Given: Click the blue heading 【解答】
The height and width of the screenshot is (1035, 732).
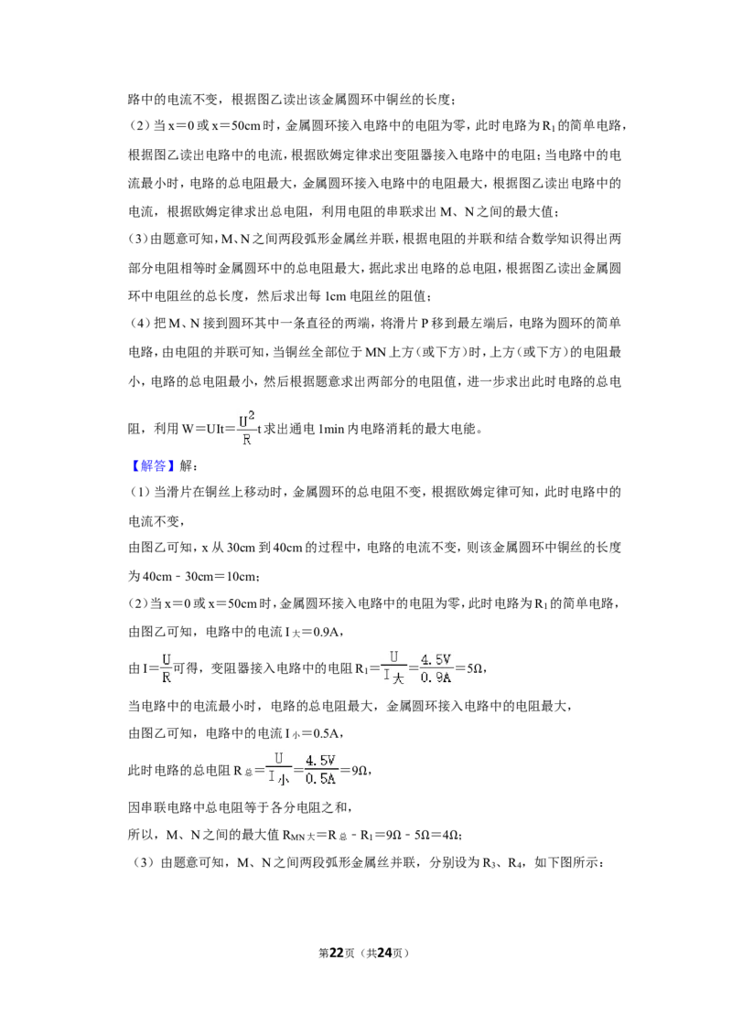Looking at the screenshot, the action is (x=151, y=465).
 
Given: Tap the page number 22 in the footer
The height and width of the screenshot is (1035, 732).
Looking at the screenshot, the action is (x=337, y=953).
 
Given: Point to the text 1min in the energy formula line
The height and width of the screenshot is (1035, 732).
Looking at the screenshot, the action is (x=331, y=429).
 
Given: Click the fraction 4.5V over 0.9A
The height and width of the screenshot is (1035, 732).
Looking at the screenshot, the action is (x=436, y=668).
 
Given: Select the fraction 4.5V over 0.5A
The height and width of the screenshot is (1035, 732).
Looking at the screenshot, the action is (x=320, y=770).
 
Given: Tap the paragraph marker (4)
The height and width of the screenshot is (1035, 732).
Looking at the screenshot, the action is (x=139, y=324).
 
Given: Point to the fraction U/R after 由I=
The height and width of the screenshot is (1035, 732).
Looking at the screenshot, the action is (x=166, y=668).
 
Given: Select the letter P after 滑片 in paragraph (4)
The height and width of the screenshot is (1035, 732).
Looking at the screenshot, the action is (x=425, y=324).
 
